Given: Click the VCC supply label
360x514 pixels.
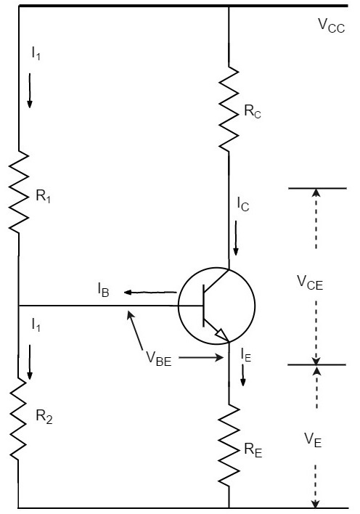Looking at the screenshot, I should [331, 24].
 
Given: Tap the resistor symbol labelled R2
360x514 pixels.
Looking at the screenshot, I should [19, 420].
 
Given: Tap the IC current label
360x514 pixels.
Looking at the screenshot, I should [244, 205].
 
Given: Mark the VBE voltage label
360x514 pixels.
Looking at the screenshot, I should [157, 359].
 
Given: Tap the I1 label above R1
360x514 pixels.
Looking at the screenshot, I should [35, 53].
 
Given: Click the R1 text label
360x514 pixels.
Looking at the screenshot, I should [44, 196].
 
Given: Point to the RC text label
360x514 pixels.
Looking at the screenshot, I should [250, 112].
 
